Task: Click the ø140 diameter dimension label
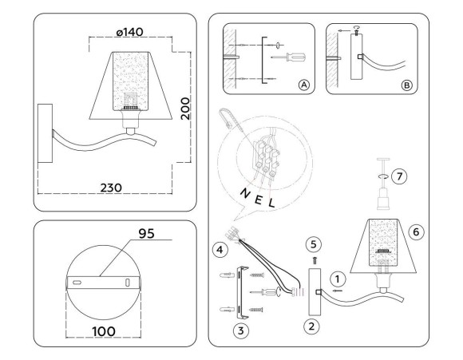[x=129, y=32]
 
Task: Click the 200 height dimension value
[x=185, y=105]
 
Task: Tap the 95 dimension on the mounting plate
[x=145, y=235]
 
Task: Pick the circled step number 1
[x=338, y=279]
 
